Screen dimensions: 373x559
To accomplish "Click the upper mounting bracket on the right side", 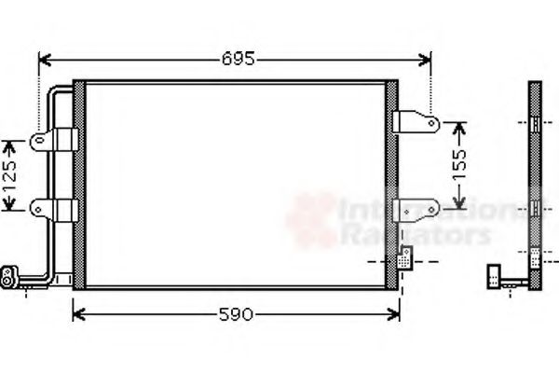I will (415, 124).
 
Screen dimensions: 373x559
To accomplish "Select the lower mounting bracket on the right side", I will (415, 207).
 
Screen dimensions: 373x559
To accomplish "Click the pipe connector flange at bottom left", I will (10, 274).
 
